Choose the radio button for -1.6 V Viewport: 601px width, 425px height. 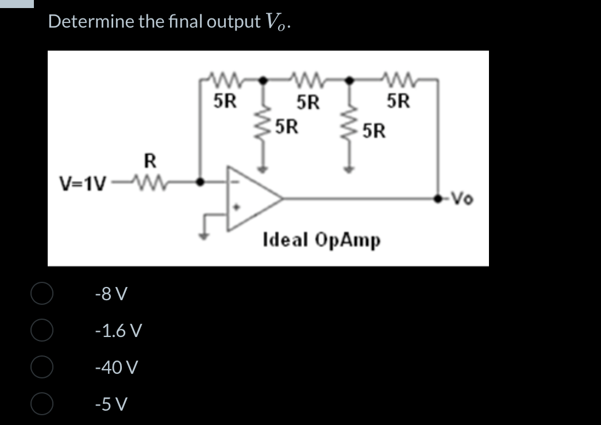click(42, 330)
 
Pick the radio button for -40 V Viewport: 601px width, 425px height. click(42, 366)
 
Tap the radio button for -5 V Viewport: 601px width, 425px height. click(42, 403)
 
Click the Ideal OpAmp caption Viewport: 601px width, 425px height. click(321, 239)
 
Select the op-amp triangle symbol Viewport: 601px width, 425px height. click(250, 198)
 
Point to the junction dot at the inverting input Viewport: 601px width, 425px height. click(200, 182)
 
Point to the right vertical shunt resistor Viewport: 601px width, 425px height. click(348, 125)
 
